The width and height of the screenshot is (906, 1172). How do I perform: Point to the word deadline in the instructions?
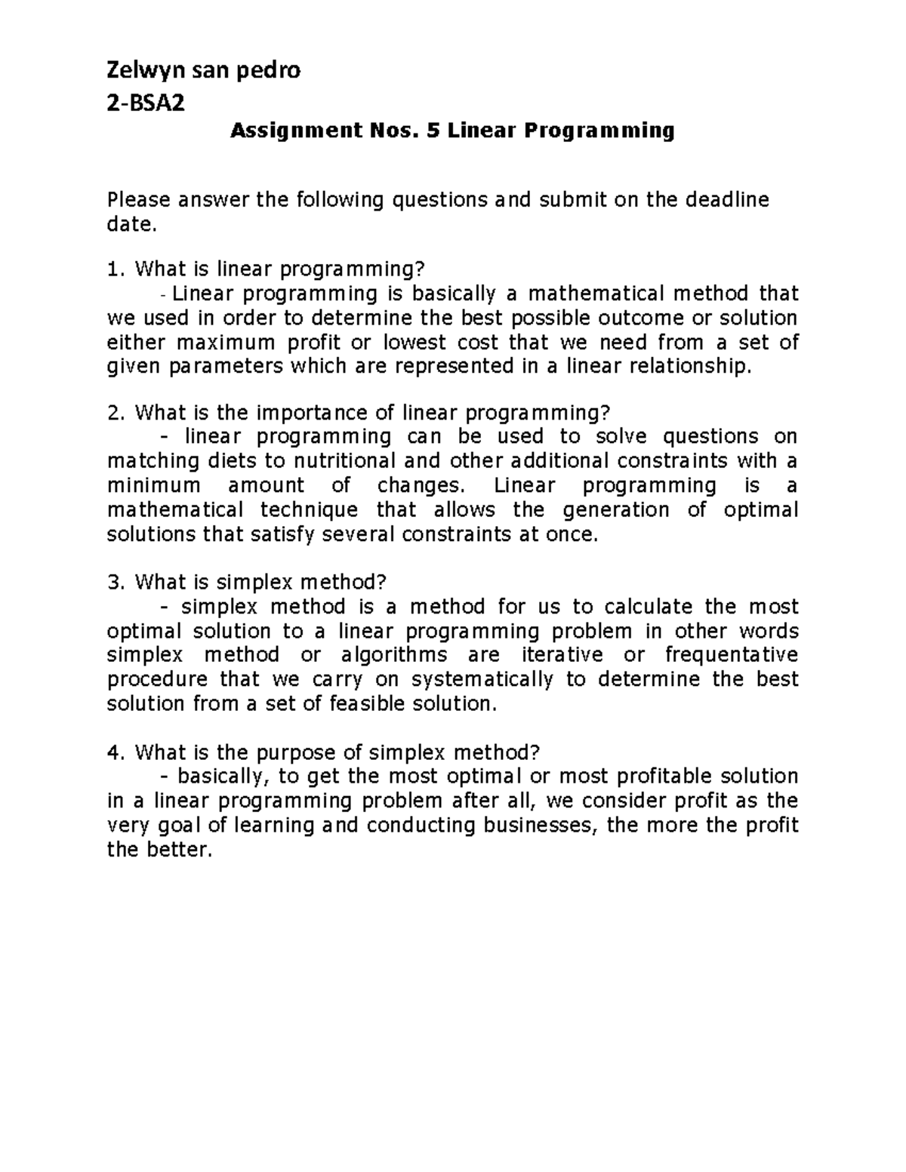pos(727,200)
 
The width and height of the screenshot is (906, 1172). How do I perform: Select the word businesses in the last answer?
pos(541,826)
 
